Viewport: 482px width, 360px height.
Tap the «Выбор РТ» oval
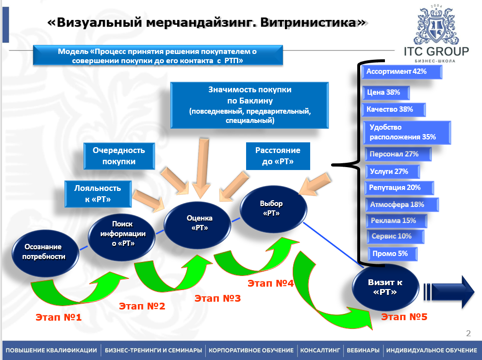(274, 208)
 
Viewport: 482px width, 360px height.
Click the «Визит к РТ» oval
(385, 287)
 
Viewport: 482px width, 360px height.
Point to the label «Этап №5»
(404, 317)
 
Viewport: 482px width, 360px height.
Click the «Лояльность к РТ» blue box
(98, 193)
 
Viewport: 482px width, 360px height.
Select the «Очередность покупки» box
(119, 156)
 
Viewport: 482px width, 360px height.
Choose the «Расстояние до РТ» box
(278, 156)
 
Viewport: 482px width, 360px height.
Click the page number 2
(468, 333)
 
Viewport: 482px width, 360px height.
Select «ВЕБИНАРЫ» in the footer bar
(363, 350)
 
